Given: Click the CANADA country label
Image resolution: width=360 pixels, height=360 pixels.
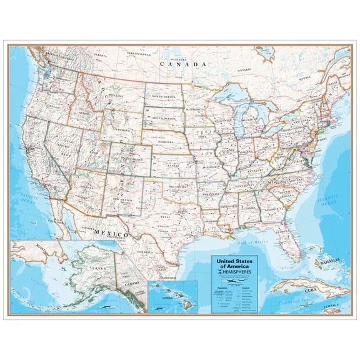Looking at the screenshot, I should [x=182, y=64].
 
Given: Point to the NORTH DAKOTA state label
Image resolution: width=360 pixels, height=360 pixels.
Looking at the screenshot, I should [x=163, y=97].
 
